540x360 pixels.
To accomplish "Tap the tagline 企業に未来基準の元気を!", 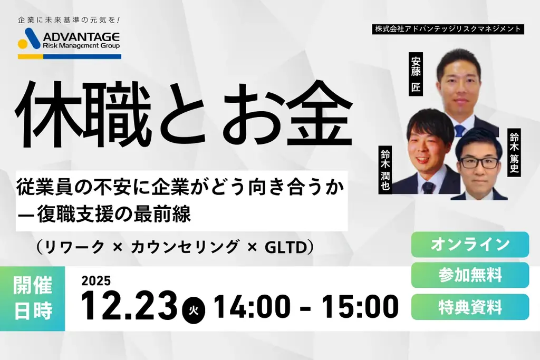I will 69,21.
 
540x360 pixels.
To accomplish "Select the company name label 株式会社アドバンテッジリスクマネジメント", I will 449,29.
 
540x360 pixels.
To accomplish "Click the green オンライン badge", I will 470,245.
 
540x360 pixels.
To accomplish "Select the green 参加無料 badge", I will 470,275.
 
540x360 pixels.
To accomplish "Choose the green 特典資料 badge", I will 470,307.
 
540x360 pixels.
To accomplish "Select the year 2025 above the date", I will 96,281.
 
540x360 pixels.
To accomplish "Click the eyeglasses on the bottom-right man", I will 478,162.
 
